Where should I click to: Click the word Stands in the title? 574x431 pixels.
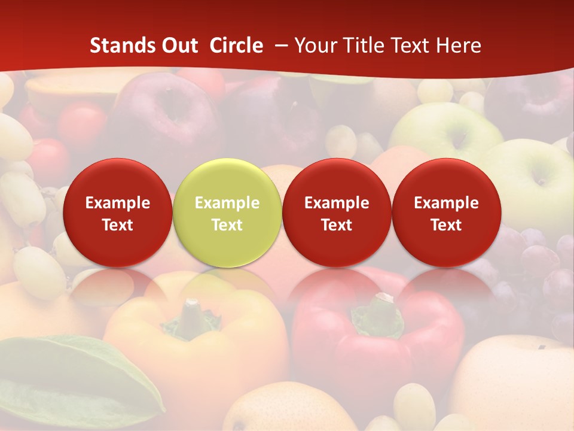tap(117, 45)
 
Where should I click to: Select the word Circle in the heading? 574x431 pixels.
tap(236, 45)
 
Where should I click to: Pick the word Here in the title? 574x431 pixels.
tap(458, 45)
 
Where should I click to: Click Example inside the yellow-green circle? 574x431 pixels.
tap(227, 203)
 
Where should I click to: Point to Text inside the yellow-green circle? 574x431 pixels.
tap(227, 225)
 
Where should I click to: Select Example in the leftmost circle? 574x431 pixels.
tap(117, 203)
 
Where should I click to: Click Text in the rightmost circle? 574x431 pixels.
tap(447, 225)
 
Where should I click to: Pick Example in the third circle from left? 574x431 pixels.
tap(337, 203)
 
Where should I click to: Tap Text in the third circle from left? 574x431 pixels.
tap(337, 225)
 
